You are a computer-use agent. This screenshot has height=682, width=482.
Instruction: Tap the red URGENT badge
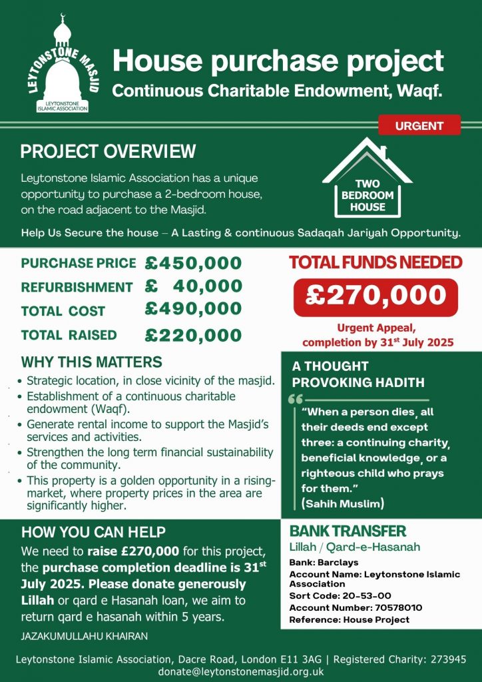[419, 125]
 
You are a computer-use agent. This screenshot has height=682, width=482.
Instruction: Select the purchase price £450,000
[193, 263]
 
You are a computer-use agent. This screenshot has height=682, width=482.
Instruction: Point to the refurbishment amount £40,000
[193, 287]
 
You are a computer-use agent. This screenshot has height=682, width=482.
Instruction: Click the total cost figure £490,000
[193, 310]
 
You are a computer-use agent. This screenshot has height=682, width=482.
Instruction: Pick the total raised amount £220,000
[193, 334]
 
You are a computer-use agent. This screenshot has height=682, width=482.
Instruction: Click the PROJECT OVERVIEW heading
[108, 152]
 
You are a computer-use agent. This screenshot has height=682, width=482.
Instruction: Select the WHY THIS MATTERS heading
[91, 362]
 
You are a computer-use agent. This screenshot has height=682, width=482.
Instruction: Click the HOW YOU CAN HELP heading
[93, 532]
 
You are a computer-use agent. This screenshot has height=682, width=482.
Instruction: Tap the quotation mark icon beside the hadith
[296, 400]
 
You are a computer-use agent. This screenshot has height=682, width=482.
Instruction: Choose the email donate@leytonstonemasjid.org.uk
[241, 671]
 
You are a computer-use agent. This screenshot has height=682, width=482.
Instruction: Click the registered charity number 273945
[445, 659]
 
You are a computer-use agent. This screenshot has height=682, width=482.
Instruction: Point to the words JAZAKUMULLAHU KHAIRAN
[85, 636]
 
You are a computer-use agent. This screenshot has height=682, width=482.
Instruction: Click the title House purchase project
[278, 61]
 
